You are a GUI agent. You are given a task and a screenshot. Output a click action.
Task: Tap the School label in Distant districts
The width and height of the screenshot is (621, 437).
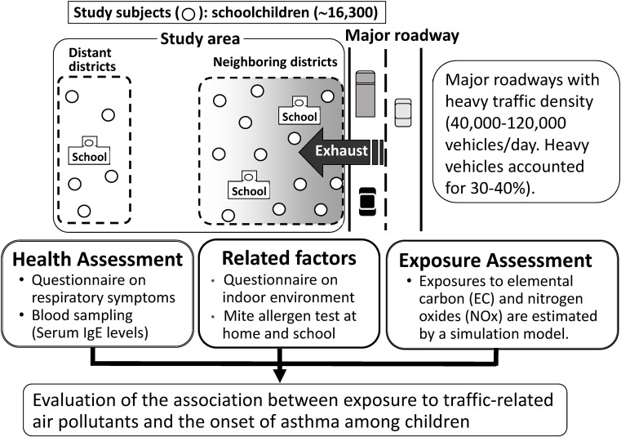(x=90, y=155)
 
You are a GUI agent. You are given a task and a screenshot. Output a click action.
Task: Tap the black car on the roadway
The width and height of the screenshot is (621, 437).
(x=367, y=199)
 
